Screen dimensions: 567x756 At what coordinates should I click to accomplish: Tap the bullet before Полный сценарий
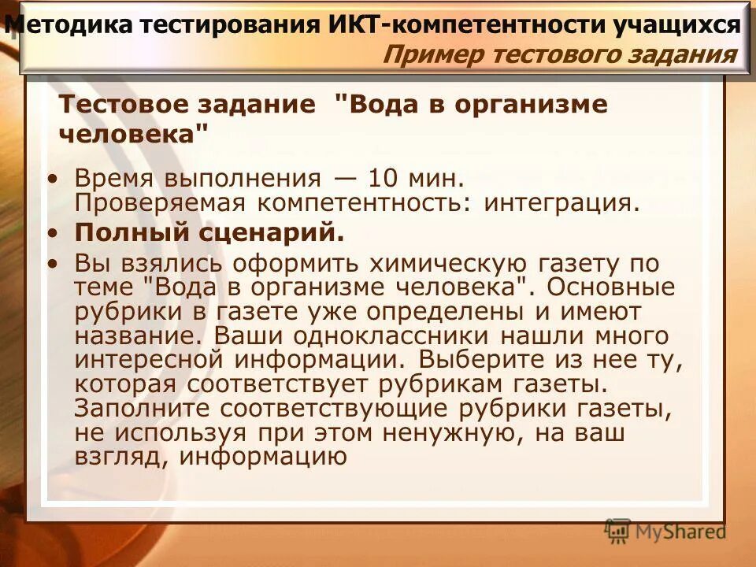[53, 234]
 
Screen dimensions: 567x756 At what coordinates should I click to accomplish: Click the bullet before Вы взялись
[53, 263]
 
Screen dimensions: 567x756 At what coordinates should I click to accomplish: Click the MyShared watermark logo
[665, 531]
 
